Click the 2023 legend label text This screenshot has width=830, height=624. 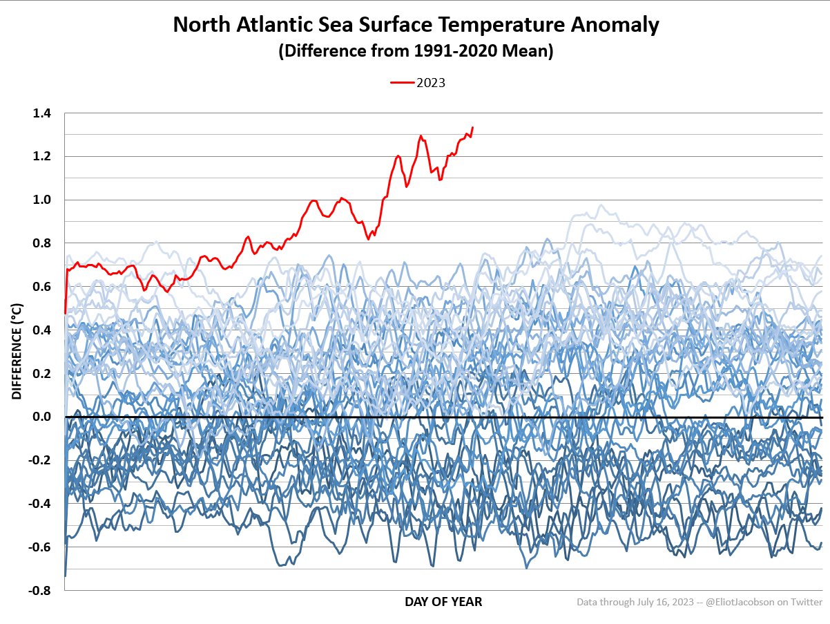(x=430, y=83)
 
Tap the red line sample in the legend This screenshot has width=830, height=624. (x=403, y=83)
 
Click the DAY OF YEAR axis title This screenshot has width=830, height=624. (x=443, y=602)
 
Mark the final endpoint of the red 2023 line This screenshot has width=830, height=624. (x=472, y=127)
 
